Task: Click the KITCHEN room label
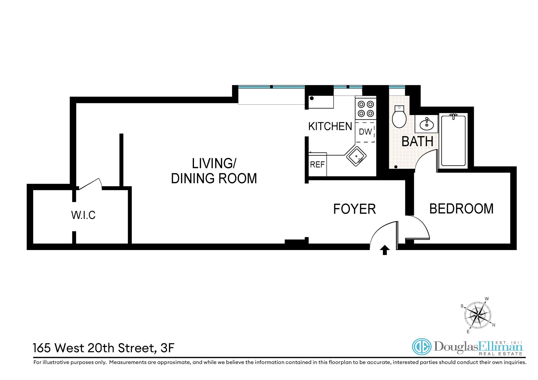pyautogui.click(x=330, y=126)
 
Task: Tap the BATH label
pyautogui.click(x=417, y=141)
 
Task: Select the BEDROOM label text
pyautogui.click(x=461, y=209)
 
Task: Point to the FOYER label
pyautogui.click(x=354, y=209)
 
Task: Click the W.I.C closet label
pyautogui.click(x=83, y=215)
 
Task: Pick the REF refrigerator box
pyautogui.click(x=317, y=164)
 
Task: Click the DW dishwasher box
pyautogui.click(x=365, y=132)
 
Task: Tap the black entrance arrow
pyautogui.click(x=385, y=250)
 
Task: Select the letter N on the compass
pyautogui.click(x=494, y=325)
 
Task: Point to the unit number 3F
pyautogui.click(x=168, y=348)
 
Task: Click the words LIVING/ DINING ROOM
pyautogui.click(x=214, y=171)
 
